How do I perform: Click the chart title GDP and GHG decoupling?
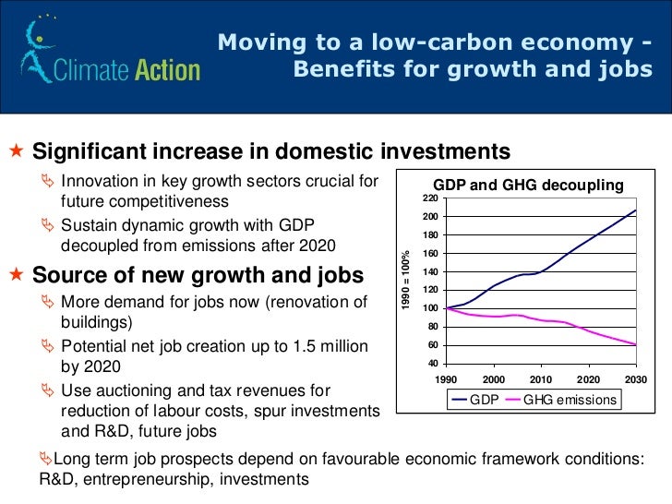pos(529,185)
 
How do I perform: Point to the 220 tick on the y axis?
pos(431,198)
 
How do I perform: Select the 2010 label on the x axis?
pos(540,379)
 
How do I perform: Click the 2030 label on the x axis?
pos(635,379)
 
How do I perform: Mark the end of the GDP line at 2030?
pos(636,210)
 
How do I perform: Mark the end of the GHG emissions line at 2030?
pos(636,344)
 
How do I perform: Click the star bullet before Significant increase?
pos(16,150)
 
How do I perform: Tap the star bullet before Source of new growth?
pos(16,275)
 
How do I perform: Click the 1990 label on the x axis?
pos(447,379)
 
